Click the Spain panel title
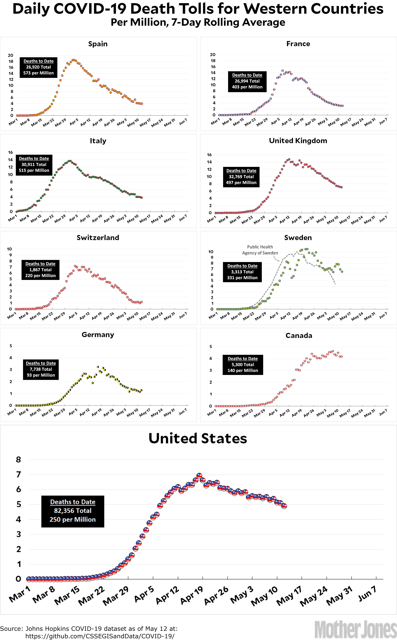pyautogui.click(x=98, y=44)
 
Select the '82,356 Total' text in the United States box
pyautogui.click(x=73, y=510)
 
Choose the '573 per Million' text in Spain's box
pyautogui.click(x=38, y=73)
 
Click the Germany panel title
pyautogui.click(x=98, y=335)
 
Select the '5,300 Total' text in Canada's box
pyautogui.click(x=243, y=364)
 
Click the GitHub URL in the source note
pyautogui.click(x=100, y=636)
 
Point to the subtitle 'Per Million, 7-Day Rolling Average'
pyautogui.click(x=198, y=22)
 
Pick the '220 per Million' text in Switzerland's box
pyautogui.click(x=40, y=276)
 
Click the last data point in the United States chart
pyautogui.click(x=284, y=506)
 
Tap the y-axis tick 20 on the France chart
pyautogui.click(x=213, y=55)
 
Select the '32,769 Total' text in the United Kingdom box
pyautogui.click(x=241, y=177)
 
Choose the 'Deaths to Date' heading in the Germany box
pyautogui.click(x=41, y=363)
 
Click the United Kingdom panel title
pyautogui.click(x=298, y=141)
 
